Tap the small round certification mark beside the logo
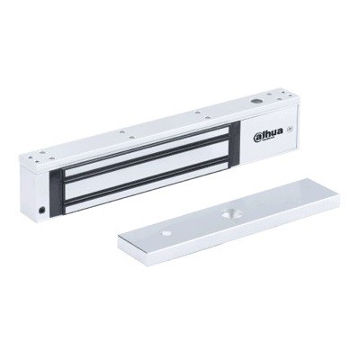pos(287,136)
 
